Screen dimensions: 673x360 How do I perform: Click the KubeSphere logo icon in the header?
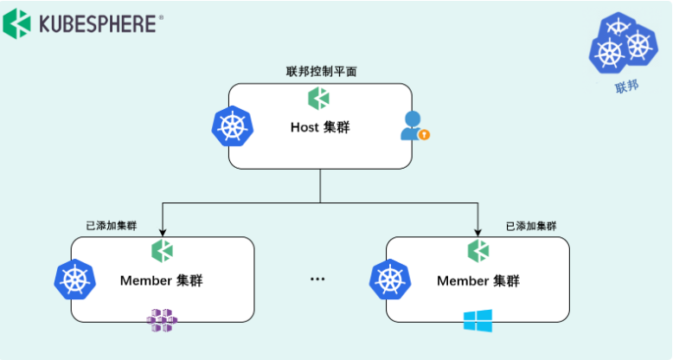[x=16, y=24]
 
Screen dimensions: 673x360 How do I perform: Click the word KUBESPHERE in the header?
[x=98, y=24]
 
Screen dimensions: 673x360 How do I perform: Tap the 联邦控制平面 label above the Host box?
[x=321, y=71]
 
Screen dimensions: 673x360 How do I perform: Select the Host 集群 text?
[x=320, y=127]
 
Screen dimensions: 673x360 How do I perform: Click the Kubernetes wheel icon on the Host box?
[x=233, y=126]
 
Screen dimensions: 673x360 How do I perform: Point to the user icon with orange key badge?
[x=414, y=125]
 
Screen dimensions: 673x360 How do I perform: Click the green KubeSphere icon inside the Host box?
[x=318, y=98]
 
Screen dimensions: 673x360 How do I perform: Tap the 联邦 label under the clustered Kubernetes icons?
[x=626, y=87]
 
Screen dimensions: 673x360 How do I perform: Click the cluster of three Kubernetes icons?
[x=623, y=42]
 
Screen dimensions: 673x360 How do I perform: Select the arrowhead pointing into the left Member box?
[x=163, y=232]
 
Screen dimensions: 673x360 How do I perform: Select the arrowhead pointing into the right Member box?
[x=478, y=232]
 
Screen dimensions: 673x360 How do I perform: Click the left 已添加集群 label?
[x=112, y=226]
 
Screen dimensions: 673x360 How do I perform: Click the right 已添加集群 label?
[x=531, y=226]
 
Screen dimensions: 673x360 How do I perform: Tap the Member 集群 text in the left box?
[x=162, y=280]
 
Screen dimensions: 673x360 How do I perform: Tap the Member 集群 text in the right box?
[x=478, y=281]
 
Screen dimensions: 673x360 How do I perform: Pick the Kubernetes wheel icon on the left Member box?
[x=74, y=280]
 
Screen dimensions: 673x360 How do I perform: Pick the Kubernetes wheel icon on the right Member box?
[x=390, y=280]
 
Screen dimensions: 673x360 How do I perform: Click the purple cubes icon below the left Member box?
[x=162, y=320]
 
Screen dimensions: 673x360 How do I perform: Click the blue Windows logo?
[x=478, y=320]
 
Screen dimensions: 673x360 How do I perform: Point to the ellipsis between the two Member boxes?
[x=317, y=280]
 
